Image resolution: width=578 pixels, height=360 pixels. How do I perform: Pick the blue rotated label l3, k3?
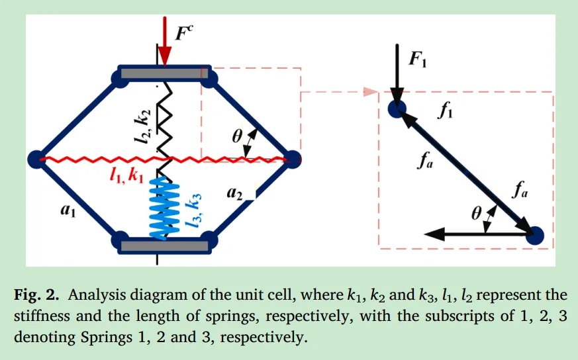195,210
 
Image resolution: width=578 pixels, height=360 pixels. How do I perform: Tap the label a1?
68,210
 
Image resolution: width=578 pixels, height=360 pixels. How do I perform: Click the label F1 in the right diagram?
418,61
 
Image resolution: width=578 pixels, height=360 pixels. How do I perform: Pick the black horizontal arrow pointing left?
463,234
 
